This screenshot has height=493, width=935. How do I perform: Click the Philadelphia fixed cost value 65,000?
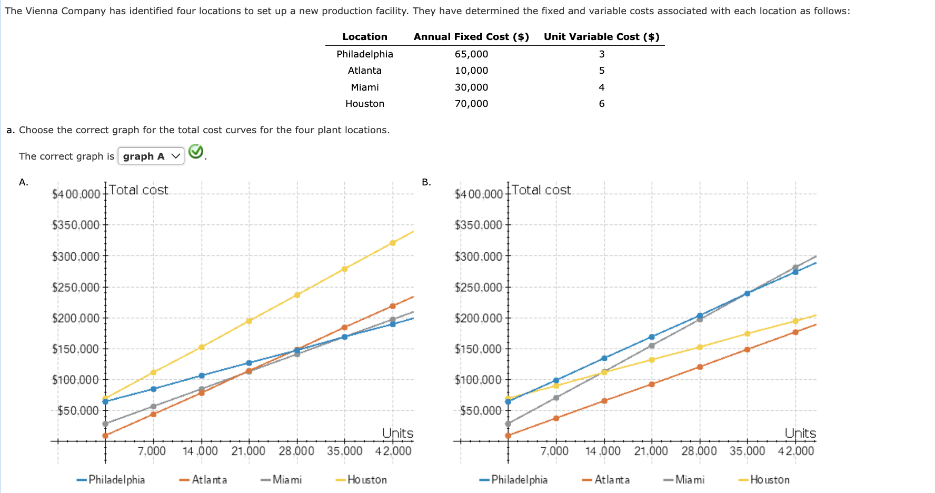pos(471,54)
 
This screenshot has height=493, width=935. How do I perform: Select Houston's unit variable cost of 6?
pos(601,104)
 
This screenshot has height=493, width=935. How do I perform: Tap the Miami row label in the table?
pos(364,87)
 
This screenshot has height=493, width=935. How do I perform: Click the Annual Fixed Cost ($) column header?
pos(471,37)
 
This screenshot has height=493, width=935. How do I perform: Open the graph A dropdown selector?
pos(151,156)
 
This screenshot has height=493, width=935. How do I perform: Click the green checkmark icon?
pos(196,152)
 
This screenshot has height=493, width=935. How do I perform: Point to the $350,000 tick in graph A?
pos(76,225)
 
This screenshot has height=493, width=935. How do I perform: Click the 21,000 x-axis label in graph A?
pos(248,451)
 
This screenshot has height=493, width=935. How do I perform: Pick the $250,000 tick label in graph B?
pos(478,288)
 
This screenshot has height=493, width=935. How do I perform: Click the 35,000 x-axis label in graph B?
pos(747,451)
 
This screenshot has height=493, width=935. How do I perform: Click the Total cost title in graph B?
pos(541,190)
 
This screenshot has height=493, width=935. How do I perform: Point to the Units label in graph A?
pos(397,433)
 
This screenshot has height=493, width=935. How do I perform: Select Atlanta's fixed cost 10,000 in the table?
pos(471,71)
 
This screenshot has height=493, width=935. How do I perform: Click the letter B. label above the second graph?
pos(426,182)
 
